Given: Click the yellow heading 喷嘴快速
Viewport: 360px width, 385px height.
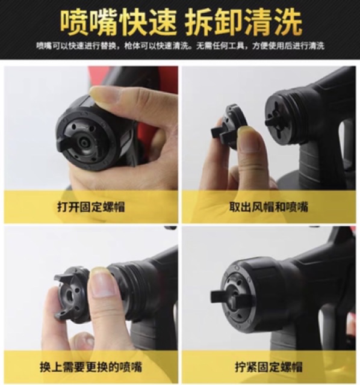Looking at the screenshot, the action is (119, 22).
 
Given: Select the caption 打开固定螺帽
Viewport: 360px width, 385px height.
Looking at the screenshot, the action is (91, 207).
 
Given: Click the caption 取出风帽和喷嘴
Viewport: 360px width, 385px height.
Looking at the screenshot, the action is (268, 207).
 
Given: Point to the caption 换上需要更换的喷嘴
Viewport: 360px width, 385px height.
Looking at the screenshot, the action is (91, 367).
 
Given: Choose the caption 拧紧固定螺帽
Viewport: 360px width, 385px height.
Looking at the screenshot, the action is (268, 367).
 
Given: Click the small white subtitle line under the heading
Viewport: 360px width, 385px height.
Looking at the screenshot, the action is (180, 46).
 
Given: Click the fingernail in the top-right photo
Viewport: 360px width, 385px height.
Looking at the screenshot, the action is (249, 138).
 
